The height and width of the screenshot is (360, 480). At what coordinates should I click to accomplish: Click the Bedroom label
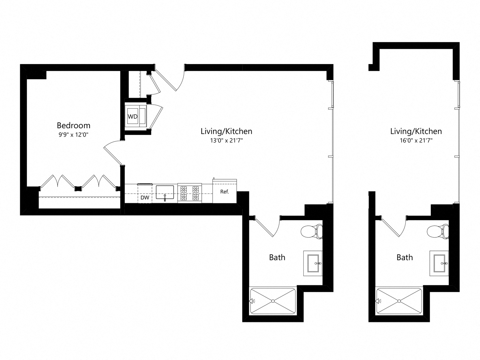click(x=73, y=125)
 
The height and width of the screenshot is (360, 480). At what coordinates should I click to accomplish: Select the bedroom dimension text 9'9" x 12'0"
click(x=73, y=134)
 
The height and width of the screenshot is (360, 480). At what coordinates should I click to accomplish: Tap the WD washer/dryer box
click(x=133, y=117)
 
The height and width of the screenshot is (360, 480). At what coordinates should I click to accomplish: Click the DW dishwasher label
click(x=144, y=198)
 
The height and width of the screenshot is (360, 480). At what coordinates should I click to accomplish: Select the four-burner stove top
click(x=189, y=193)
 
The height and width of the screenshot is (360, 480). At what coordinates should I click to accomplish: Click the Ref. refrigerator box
click(x=225, y=192)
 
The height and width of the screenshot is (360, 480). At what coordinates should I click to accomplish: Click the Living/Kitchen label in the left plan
click(x=226, y=131)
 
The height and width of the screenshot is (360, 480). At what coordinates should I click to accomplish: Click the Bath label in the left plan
click(x=277, y=257)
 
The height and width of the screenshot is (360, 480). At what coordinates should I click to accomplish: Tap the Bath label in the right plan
click(x=405, y=257)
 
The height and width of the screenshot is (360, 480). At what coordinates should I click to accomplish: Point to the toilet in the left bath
click(x=312, y=232)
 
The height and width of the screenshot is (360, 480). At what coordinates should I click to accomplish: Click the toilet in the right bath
click(x=438, y=232)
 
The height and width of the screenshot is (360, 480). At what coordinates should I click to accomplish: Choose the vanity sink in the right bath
click(x=439, y=263)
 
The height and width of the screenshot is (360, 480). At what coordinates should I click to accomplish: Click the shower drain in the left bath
click(x=273, y=301)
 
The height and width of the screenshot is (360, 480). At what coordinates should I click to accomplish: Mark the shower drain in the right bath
click(x=399, y=301)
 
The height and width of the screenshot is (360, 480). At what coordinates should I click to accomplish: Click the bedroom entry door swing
click(x=112, y=152)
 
